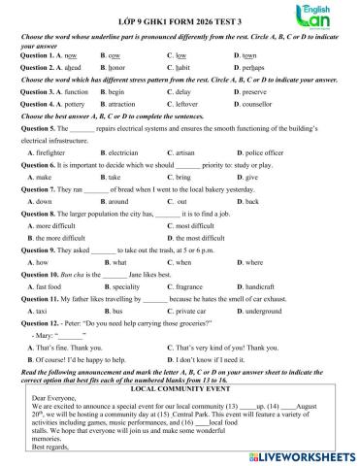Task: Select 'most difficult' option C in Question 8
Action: click(x=208, y=225)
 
